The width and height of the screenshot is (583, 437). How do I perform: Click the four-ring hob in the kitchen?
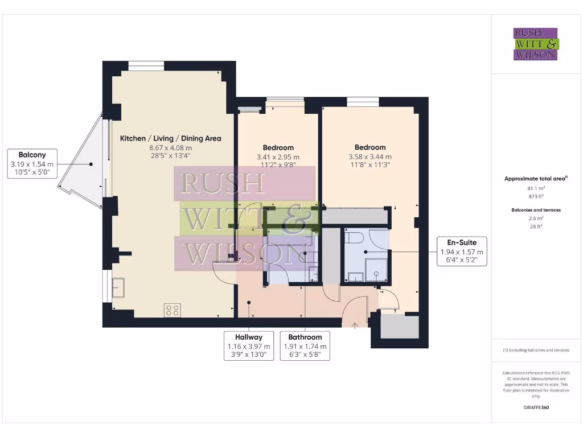173,310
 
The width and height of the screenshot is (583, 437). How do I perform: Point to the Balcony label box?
32,164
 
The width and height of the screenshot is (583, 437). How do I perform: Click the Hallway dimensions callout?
249,346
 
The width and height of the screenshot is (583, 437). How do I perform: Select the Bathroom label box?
305,346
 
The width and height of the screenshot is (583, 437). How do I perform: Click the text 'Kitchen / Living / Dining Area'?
170,138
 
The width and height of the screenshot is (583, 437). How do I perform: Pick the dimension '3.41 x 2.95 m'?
278,157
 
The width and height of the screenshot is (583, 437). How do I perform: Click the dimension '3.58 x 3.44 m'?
370,157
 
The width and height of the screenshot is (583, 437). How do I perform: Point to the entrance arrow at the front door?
355,325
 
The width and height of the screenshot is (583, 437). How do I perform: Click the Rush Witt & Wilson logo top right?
535,44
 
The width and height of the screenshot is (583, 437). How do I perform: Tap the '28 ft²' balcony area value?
535,226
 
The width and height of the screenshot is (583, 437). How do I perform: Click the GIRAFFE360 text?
536,407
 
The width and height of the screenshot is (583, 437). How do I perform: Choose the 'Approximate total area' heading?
535,179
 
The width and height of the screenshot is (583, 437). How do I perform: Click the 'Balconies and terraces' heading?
535,210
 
